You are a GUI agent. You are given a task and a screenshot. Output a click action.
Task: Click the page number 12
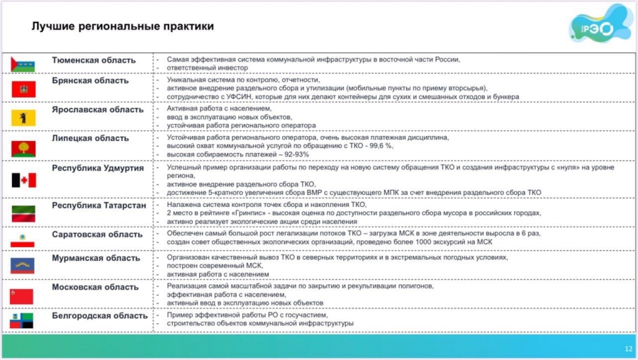point(627,349)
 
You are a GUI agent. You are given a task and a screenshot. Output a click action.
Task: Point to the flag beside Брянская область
point(23,89)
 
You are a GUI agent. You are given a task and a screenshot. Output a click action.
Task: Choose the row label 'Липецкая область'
point(91,138)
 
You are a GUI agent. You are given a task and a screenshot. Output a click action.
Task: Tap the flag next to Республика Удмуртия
point(23,180)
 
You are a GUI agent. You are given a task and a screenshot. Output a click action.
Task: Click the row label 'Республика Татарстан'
point(99,205)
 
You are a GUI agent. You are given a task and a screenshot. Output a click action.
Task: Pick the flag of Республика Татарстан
point(23,213)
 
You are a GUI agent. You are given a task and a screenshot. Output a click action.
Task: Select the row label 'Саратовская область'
point(97,234)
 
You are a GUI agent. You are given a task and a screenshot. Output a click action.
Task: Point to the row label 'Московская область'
point(95,287)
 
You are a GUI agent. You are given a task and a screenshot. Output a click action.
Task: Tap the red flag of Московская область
point(23,295)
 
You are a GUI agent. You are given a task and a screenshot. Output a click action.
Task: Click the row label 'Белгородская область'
point(100,315)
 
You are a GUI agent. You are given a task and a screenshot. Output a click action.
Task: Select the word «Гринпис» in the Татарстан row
point(247,213)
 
